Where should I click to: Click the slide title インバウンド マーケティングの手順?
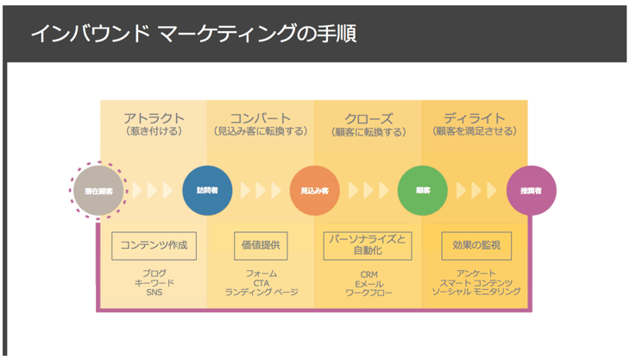[193, 34]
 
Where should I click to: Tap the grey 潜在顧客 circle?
[98, 190]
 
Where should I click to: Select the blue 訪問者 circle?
[207, 190]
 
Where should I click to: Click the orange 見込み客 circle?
[314, 190]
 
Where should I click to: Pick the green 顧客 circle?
[422, 190]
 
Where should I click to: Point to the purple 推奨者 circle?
[531, 190]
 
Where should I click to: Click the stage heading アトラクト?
[154, 118]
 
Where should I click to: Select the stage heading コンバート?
[260, 118]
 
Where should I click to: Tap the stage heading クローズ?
[369, 118]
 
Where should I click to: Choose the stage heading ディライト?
[475, 118]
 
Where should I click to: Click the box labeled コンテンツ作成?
[154, 245]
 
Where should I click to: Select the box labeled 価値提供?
[260, 245]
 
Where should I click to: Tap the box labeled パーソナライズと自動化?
[369, 245]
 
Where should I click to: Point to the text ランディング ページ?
[261, 292]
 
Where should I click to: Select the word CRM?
[369, 272]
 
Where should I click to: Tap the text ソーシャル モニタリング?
[476, 292]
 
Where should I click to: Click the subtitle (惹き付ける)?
[154, 132]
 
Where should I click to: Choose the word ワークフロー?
[369, 292]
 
